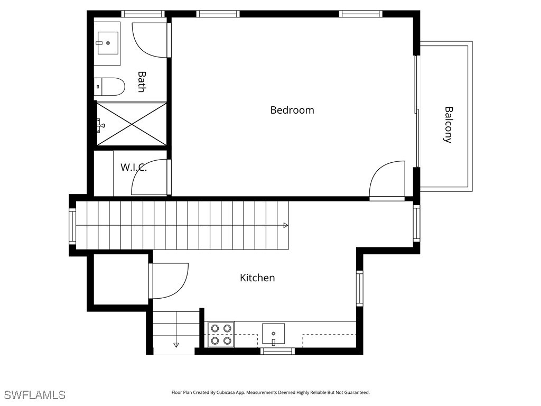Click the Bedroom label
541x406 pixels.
(292, 110)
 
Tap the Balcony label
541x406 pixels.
(448, 125)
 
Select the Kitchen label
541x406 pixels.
(257, 278)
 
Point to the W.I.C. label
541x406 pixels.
(134, 168)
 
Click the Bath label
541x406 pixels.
(142, 82)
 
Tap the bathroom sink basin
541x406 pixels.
(108, 43)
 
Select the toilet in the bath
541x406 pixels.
(109, 87)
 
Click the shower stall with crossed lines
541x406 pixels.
(132, 124)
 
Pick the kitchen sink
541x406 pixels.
(273, 334)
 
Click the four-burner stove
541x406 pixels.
(221, 334)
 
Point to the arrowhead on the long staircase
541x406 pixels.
(286, 225)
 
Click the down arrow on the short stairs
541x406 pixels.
(176, 345)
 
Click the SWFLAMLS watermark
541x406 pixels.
(35, 394)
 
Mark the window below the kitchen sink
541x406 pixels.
(278, 352)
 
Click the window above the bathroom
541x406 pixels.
(143, 14)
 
